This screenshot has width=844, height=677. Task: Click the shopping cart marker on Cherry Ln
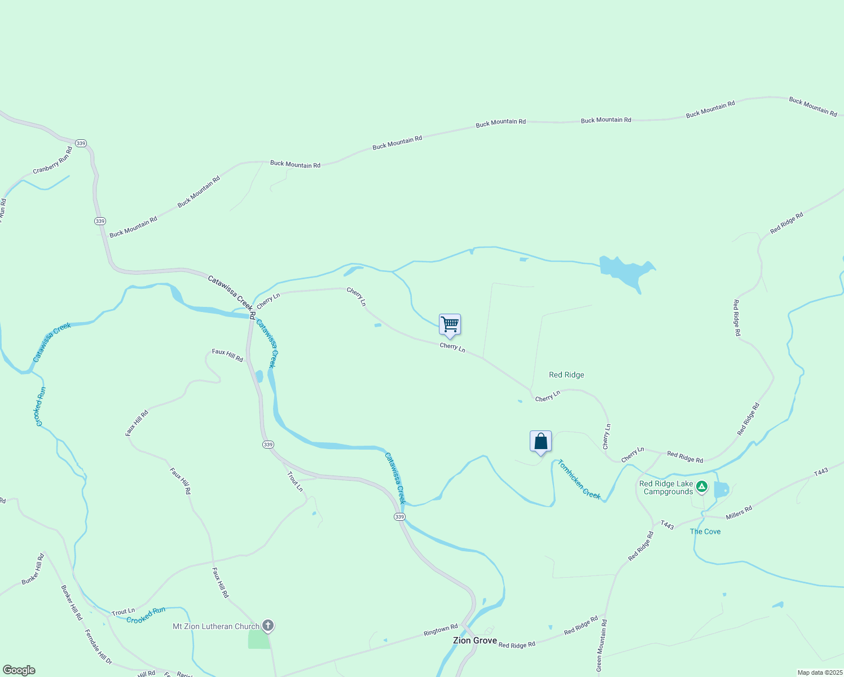pyautogui.click(x=450, y=325)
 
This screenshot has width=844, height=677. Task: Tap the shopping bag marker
pyautogui.click(x=540, y=441)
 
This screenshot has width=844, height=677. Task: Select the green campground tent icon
pyautogui.click(x=701, y=486)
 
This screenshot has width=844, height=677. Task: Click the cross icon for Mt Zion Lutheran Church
pyautogui.click(x=268, y=626)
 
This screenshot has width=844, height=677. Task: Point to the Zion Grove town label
pyautogui.click(x=475, y=640)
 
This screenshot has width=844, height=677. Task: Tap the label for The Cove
pyautogui.click(x=705, y=531)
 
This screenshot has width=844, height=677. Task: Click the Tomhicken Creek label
pyautogui.click(x=579, y=480)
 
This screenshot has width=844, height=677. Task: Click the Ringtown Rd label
pyautogui.click(x=441, y=630)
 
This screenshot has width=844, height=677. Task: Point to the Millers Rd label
pyautogui.click(x=738, y=513)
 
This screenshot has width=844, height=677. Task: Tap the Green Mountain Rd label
pyautogui.click(x=601, y=645)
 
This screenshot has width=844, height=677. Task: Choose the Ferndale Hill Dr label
pyautogui.click(x=98, y=647)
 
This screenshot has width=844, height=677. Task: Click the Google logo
pyautogui.click(x=19, y=670)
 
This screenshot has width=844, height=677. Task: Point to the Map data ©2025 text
pyautogui.click(x=819, y=672)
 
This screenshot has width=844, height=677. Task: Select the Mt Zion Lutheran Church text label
pyautogui.click(x=216, y=626)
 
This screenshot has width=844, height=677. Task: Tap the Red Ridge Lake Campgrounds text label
pyautogui.click(x=666, y=488)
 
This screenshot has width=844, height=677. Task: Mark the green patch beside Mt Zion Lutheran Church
pyautogui.click(x=259, y=639)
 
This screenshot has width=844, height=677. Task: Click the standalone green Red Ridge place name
pyautogui.click(x=566, y=375)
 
